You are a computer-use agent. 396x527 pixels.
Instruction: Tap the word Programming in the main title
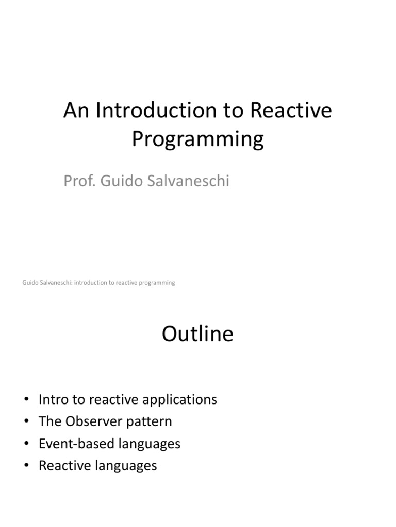(x=197, y=139)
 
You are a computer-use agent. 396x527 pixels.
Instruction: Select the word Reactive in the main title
(x=290, y=111)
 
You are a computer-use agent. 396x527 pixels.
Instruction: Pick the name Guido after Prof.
(x=116, y=181)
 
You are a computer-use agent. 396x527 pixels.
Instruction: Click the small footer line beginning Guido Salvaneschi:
(x=99, y=283)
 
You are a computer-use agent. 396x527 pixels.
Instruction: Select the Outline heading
(x=197, y=335)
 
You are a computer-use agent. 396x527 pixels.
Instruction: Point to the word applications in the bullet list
(x=179, y=399)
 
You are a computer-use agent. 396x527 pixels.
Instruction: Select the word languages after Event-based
(x=150, y=444)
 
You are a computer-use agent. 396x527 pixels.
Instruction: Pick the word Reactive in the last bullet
(x=68, y=466)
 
